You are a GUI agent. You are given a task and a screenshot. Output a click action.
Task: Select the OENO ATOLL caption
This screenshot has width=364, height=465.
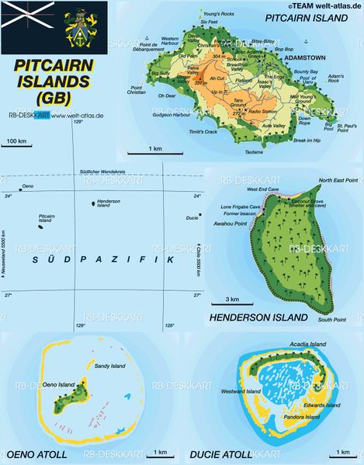36,454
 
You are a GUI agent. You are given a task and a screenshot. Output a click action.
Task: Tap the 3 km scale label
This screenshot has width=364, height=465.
232,299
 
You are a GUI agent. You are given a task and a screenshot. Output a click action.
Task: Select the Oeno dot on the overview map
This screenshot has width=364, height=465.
20,189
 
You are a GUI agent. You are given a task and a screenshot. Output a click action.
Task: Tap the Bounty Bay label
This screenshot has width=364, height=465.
307,71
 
